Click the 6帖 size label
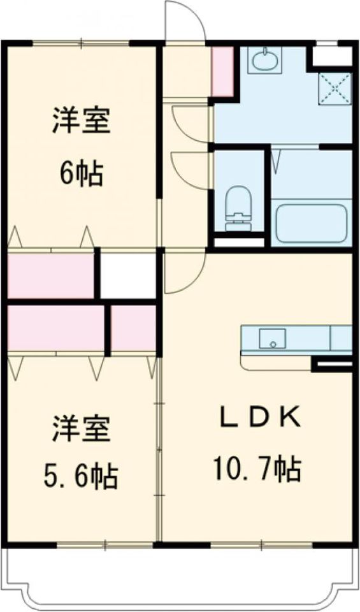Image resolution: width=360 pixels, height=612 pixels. click(82, 173)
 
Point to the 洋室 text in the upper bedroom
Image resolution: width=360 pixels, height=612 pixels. click(82, 121)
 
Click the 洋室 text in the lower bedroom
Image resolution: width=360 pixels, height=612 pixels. click(82, 429)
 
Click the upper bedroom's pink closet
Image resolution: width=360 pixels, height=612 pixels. click(51, 275)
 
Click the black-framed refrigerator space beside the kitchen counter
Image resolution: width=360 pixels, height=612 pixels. click(332, 365)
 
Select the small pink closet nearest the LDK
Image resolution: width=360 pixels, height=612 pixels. click(134, 328)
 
